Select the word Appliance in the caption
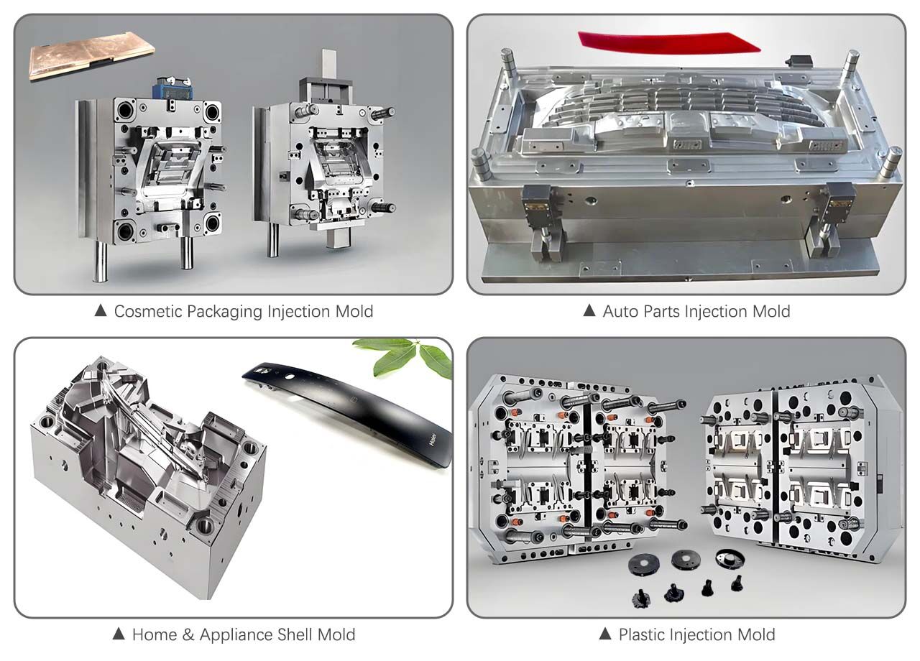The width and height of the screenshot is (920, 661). click(x=236, y=635)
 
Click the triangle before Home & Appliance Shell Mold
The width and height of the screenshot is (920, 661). click(x=120, y=634)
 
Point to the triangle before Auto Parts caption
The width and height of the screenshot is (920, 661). click(x=589, y=311)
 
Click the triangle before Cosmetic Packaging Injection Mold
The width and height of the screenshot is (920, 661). click(x=101, y=311)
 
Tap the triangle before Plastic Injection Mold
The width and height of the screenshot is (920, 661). click(x=605, y=634)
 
